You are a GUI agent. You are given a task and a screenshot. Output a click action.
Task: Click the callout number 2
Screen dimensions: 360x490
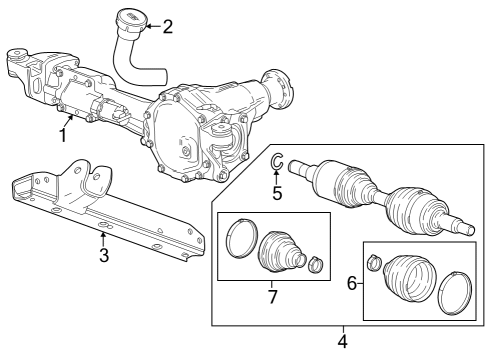(x=167, y=26)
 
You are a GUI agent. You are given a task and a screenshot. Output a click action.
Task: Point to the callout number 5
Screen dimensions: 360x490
(x=277, y=194)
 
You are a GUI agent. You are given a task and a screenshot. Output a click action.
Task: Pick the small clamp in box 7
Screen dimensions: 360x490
(x=316, y=265)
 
